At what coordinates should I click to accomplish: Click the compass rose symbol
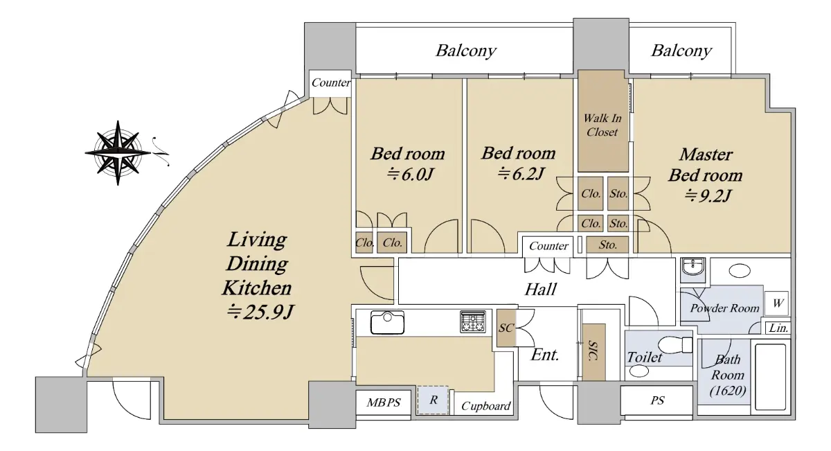pos(118,152)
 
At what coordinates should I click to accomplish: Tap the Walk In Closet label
pos(602,125)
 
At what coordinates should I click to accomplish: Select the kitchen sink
pos(387,322)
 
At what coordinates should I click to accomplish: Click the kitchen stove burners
pos(472,321)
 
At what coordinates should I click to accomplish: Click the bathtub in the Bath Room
pos(770,377)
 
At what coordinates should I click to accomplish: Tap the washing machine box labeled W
pos(776,303)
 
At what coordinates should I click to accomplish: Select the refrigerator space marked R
pos(433,400)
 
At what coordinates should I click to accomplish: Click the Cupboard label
pos(485,406)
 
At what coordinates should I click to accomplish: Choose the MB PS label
pos(384,403)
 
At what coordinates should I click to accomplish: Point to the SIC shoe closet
pos(593,352)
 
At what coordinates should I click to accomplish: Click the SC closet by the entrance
pos(506,328)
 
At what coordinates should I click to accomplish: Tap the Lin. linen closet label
pos(778,328)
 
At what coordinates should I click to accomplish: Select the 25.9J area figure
pos(260,312)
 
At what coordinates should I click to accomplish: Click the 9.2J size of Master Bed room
pos(708,195)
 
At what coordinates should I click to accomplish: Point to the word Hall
pos(541,289)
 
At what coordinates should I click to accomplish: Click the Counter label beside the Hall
pos(548,246)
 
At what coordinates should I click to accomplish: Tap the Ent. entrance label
pos(544,355)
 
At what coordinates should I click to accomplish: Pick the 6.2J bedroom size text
pos(521,173)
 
